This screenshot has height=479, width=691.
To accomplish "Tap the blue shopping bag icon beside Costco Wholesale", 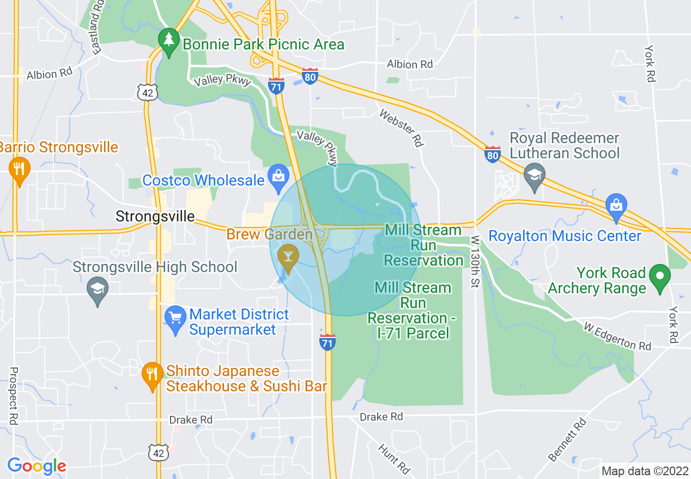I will click(x=278, y=177).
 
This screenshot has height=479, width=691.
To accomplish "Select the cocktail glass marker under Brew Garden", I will click(x=287, y=257).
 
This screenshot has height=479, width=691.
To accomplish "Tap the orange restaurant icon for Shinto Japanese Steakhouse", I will click(x=152, y=375).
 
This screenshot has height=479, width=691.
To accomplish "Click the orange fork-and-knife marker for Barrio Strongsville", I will click(x=19, y=169).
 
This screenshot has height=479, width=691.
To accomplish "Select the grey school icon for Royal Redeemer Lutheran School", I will click(x=534, y=175).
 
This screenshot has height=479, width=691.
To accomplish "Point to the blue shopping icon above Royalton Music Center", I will click(x=616, y=206).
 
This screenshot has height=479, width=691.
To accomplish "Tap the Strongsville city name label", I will click(x=155, y=217).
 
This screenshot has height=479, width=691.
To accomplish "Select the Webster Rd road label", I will click(x=402, y=128).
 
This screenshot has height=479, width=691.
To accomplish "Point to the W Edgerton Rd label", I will click(x=617, y=336).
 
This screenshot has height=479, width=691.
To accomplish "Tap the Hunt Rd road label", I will click(x=394, y=457).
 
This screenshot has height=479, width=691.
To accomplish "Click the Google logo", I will click(x=37, y=466).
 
